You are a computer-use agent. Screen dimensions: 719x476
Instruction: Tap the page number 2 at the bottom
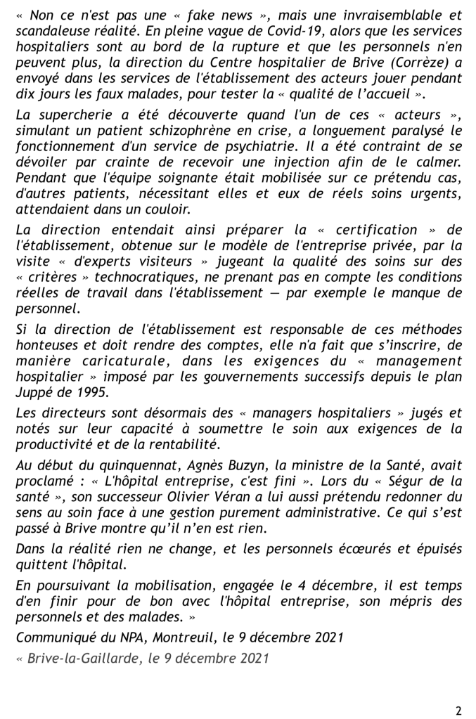click(458, 710)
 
